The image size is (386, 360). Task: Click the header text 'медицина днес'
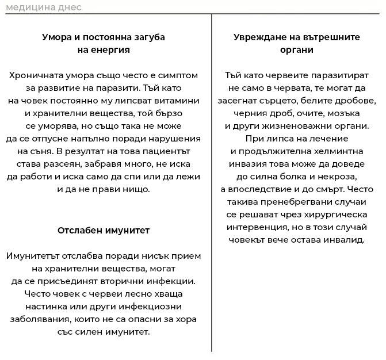[43, 7]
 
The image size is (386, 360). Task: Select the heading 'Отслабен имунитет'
[104, 230]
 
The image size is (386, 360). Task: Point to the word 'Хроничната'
[37, 75]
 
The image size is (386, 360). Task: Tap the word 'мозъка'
[342, 113]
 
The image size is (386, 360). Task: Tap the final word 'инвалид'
[345, 240]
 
